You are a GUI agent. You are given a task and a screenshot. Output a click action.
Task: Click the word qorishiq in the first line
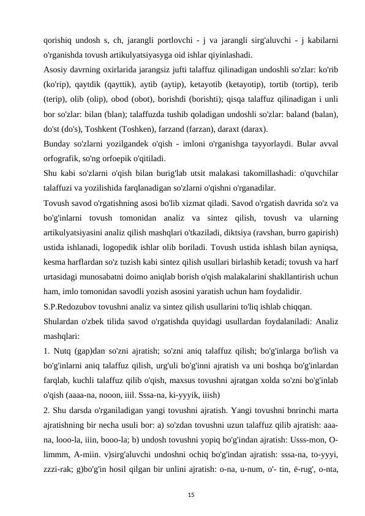point(57,40)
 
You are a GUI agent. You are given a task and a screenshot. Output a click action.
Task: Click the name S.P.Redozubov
point(74,305)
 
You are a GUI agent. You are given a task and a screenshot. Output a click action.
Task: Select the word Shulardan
point(63,319)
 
